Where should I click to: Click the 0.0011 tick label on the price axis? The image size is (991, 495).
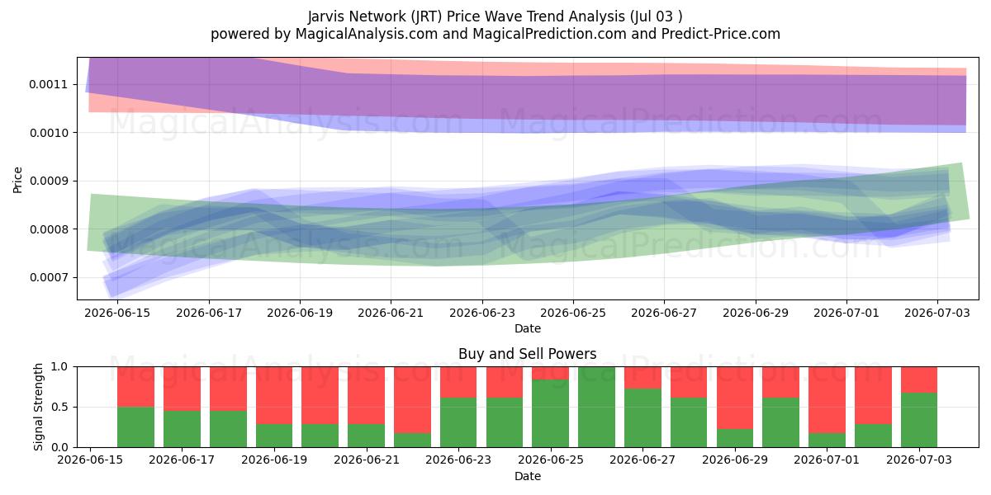click(48, 84)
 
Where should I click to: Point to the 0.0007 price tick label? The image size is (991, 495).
click(48, 277)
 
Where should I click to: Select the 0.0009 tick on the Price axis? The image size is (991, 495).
click(48, 181)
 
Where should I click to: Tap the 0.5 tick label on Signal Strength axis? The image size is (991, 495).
click(59, 407)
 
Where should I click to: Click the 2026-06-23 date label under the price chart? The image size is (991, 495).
click(482, 313)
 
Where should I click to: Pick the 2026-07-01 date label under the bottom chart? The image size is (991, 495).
click(827, 460)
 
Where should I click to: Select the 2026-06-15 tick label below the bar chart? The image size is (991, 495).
click(90, 460)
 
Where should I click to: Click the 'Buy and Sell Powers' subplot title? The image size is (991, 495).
click(528, 354)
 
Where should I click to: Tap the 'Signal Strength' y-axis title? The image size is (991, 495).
click(39, 407)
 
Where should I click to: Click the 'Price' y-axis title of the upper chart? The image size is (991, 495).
click(17, 180)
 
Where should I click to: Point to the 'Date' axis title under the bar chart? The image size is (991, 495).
click(528, 476)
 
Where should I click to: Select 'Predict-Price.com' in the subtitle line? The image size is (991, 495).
click(721, 34)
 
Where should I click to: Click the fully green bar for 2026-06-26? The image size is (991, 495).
click(596, 407)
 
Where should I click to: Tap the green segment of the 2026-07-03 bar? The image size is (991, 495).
click(919, 420)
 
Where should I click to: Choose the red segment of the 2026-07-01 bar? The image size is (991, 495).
click(827, 400)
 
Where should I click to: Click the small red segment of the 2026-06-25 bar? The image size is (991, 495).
click(550, 373)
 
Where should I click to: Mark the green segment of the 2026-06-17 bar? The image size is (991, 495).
click(182, 429)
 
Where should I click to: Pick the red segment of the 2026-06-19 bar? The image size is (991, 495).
click(274, 395)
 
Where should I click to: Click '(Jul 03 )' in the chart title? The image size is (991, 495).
click(655, 16)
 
